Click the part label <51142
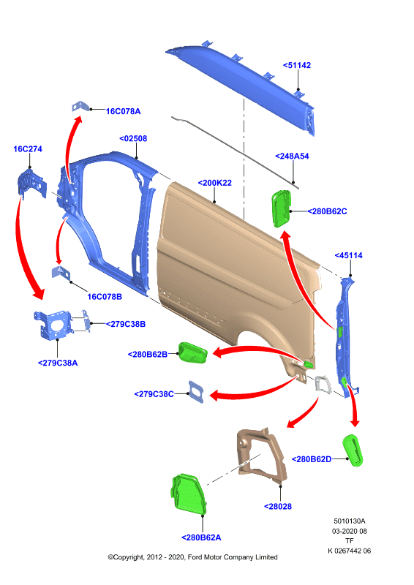297,65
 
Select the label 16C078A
123,111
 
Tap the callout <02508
133,138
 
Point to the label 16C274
28,149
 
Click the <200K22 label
214,183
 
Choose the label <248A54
292,156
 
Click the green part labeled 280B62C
281,208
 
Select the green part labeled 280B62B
192,352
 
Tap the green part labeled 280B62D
353,450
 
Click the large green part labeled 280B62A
189,494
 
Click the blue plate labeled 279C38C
196,392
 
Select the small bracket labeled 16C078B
61,273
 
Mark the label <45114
348,255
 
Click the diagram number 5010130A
350,521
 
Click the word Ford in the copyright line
195,557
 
